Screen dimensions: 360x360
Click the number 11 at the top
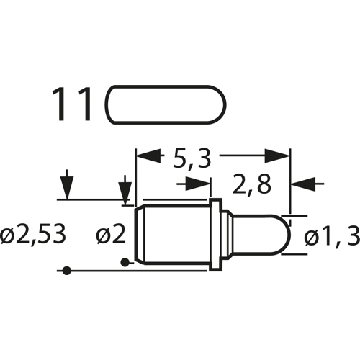coord(72,105)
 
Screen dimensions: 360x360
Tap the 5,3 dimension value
coord(191,158)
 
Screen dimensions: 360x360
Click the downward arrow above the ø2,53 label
coord(66,189)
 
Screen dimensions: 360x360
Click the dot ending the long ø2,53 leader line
coord(66,271)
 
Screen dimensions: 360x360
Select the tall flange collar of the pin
coord(214,235)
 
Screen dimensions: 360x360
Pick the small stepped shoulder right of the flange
coord(225,235)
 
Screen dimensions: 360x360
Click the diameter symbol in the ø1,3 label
coord(311,235)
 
